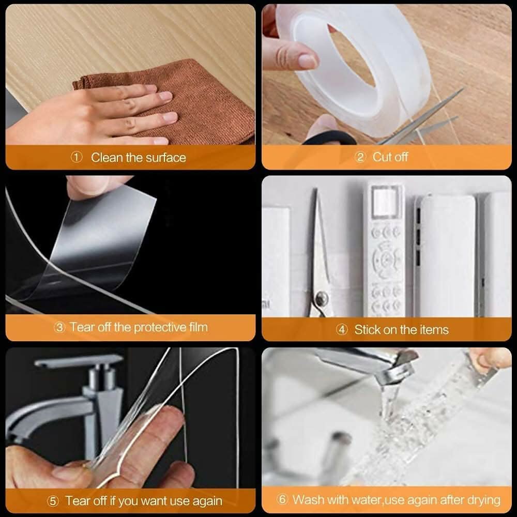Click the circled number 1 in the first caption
click(x=77, y=158)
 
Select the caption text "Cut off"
click(x=390, y=157)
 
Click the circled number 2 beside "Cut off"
click(x=360, y=157)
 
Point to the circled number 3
click(x=60, y=327)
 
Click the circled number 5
click(x=53, y=501)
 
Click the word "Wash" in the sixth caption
click(x=306, y=500)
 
